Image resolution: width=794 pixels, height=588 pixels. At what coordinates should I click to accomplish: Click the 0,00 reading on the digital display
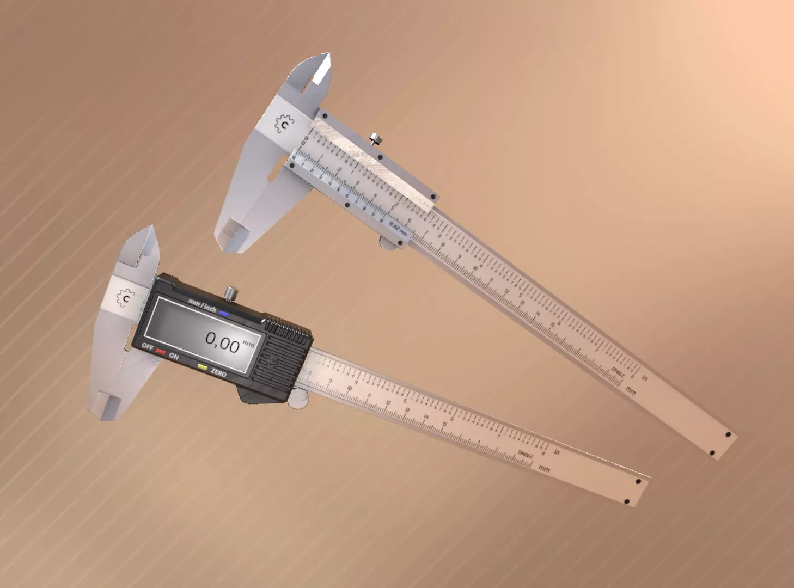click(222, 342)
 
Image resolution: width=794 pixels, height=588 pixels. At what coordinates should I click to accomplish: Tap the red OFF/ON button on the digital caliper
click(161, 351)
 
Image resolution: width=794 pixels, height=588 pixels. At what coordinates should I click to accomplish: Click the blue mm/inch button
click(224, 313)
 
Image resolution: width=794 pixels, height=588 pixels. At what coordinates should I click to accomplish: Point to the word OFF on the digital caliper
click(148, 347)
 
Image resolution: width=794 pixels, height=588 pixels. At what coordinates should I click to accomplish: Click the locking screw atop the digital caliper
click(231, 293)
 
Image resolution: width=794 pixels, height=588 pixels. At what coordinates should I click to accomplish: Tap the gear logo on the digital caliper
click(126, 298)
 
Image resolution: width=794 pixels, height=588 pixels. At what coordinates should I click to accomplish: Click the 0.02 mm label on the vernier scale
click(398, 224)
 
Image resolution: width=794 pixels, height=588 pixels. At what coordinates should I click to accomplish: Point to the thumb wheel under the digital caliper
click(297, 401)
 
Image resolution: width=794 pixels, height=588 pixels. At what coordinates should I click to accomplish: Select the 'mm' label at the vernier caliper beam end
click(631, 390)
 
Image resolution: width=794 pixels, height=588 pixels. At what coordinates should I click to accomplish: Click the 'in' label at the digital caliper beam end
click(557, 451)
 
